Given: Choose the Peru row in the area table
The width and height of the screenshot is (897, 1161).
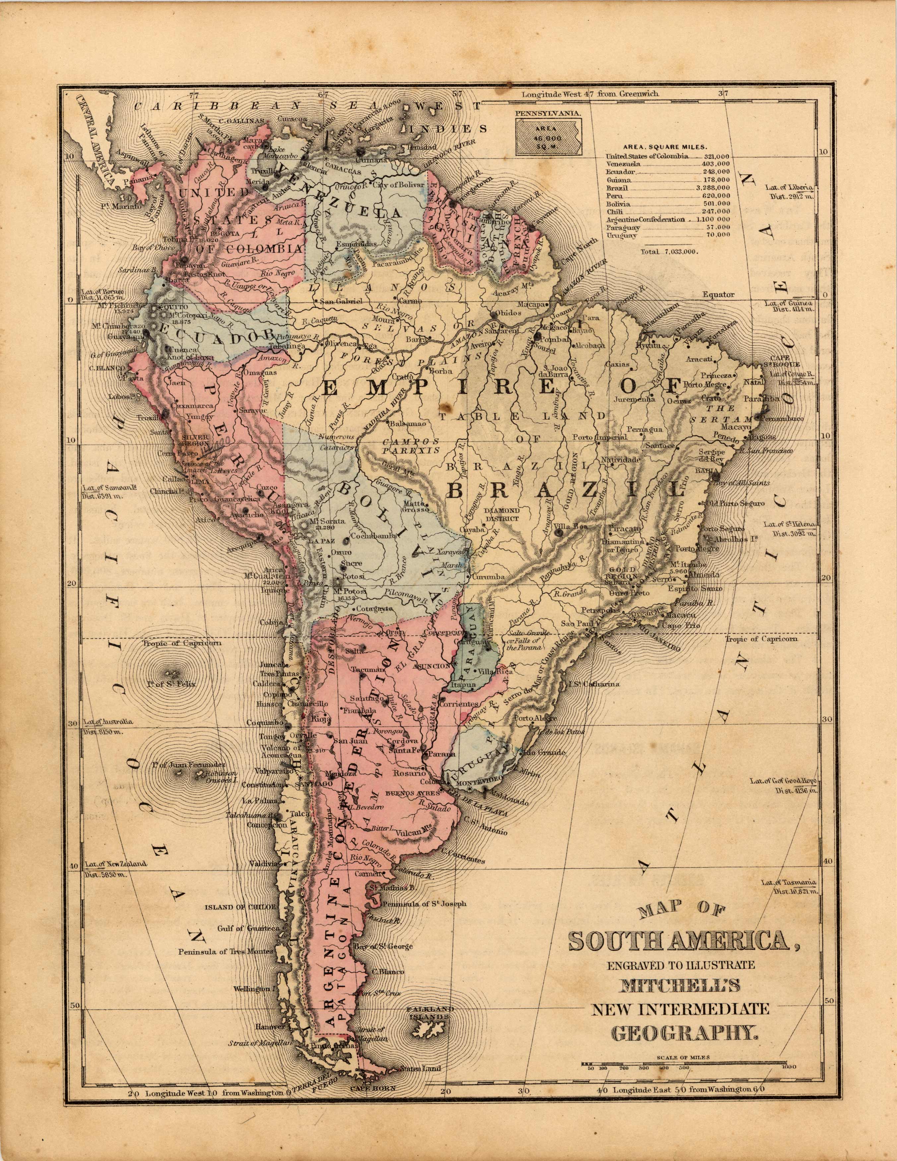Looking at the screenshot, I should click(x=667, y=196).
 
